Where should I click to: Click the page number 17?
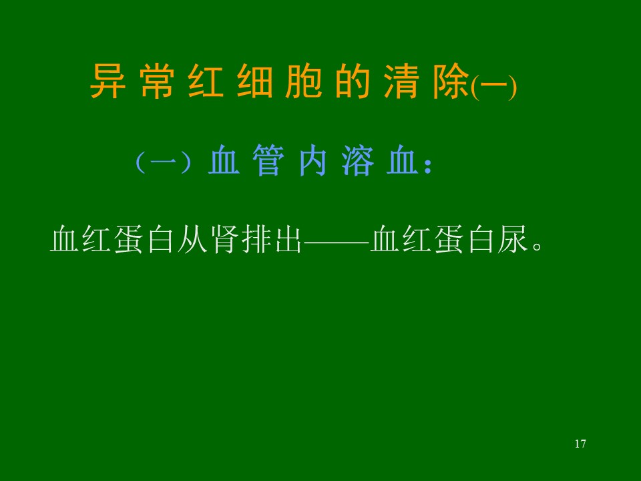click(580, 444)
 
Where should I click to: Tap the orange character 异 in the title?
click(108, 81)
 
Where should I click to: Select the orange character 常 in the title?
click(157, 81)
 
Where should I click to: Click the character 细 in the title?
click(255, 81)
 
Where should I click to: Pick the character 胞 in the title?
click(304, 81)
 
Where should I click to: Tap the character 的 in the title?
click(353, 81)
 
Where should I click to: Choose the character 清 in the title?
click(402, 81)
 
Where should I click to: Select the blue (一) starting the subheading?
click(163, 162)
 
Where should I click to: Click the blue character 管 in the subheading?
click(268, 160)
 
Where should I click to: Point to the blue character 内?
click(312, 160)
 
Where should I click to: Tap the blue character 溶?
click(358, 160)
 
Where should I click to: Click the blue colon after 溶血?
click(427, 166)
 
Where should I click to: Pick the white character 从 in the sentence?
click(192, 239)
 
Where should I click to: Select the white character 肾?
click(224, 239)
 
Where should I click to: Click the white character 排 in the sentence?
click(256, 239)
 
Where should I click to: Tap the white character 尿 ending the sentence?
click(513, 239)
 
